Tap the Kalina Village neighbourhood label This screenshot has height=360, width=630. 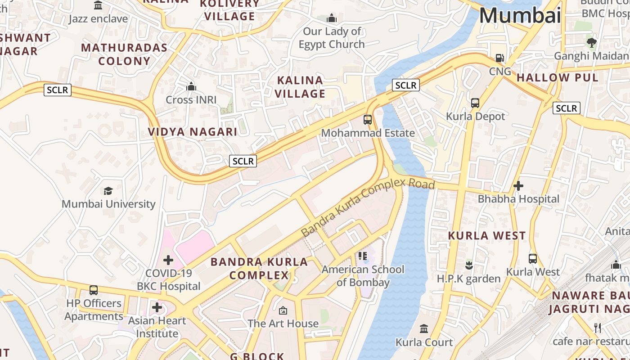click(x=300, y=87)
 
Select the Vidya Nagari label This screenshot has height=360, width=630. click(x=193, y=132)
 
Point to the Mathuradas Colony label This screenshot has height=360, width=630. click(x=124, y=54)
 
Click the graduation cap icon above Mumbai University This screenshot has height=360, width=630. click(x=108, y=191)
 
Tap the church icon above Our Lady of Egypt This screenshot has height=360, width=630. click(x=332, y=18)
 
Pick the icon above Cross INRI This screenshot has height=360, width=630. click(x=191, y=86)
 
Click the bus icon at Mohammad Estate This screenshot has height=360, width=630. click(x=368, y=120)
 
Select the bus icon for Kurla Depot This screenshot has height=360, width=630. click(x=475, y=103)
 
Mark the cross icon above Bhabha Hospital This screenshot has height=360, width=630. click(x=518, y=185)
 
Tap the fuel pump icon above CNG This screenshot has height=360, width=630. click(x=499, y=58)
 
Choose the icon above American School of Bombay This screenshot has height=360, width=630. click(x=363, y=256)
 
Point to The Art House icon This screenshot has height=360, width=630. click(x=283, y=310)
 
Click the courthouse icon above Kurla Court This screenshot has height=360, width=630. click(x=424, y=329)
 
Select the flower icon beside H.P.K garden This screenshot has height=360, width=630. click(x=469, y=265)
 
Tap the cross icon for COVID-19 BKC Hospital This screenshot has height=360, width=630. click(x=168, y=260)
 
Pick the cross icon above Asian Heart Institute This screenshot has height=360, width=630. click(x=157, y=308)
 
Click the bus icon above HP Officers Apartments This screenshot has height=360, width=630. click(x=94, y=290)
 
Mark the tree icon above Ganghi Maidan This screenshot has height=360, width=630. click(x=591, y=43)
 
